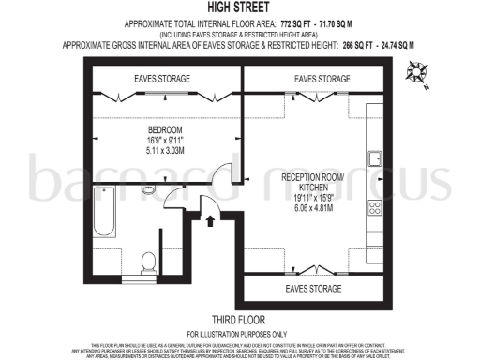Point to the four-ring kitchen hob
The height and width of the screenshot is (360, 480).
(374, 208)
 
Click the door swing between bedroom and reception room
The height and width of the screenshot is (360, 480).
(221, 174)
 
